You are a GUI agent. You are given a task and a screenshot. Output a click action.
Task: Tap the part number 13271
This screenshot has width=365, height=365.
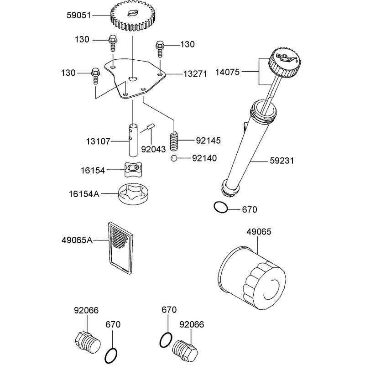(x=195, y=74)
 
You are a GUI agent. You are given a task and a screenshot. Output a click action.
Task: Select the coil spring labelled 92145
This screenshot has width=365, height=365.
(x=174, y=142)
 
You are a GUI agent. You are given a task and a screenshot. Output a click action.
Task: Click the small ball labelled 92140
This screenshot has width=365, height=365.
(x=174, y=158)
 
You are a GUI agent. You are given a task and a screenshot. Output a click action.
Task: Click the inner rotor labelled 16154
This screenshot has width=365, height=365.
(x=133, y=169)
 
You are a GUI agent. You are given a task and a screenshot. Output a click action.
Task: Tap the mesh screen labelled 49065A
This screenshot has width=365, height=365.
(x=121, y=247)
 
